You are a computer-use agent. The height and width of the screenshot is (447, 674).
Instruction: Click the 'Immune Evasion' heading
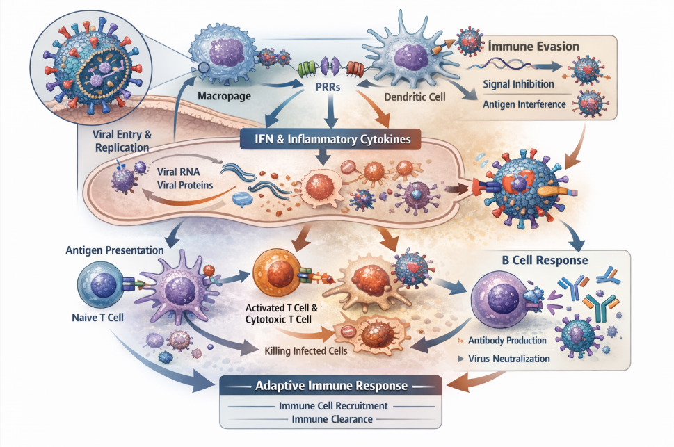point(534,48)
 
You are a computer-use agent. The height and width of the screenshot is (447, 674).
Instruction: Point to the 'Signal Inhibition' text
point(518,84)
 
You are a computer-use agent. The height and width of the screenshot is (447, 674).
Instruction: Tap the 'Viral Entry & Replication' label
point(122,141)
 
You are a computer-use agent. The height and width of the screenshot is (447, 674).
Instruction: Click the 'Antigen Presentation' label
point(115,248)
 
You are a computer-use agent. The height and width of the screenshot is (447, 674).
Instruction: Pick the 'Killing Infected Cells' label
point(307,350)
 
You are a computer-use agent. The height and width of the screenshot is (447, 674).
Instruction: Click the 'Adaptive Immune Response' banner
point(331,386)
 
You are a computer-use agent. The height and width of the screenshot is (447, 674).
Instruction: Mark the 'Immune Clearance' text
point(332,419)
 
